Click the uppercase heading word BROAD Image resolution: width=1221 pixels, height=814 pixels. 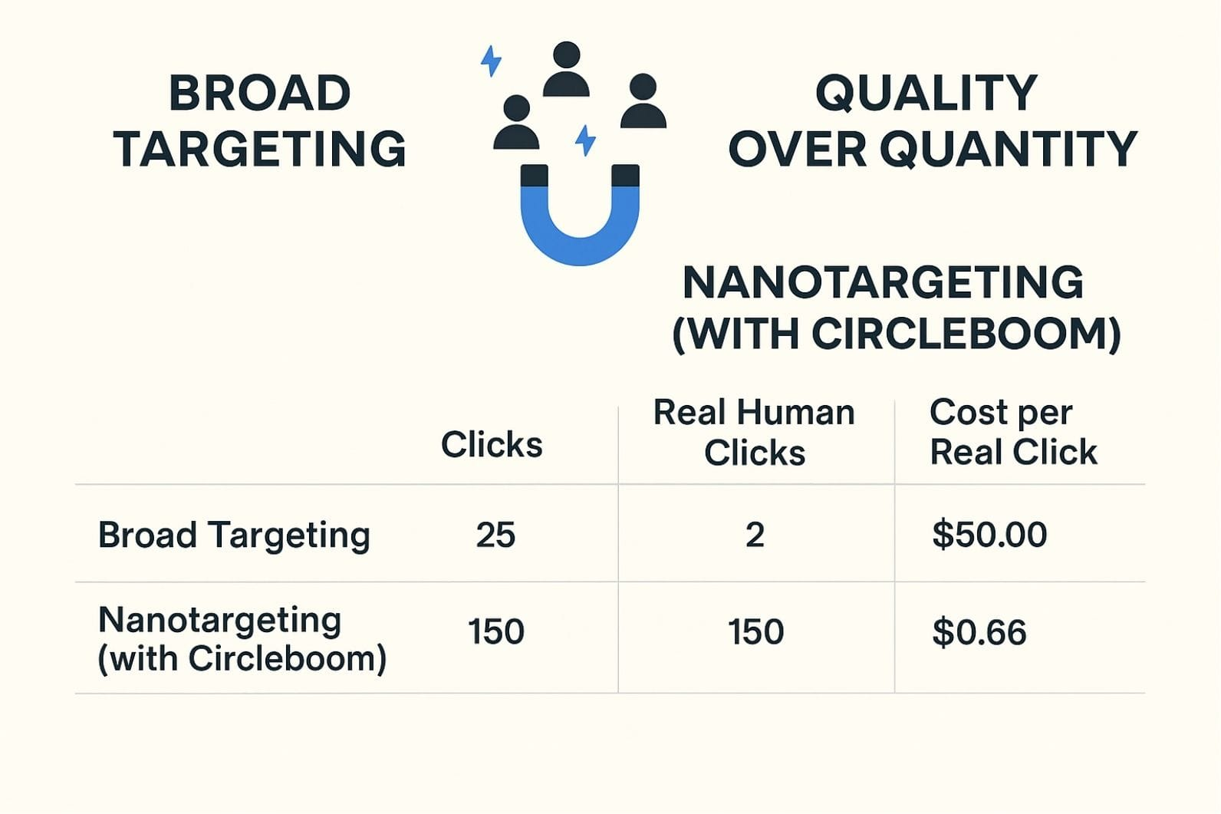tap(259, 94)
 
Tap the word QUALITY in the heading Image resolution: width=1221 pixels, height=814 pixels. tap(926, 94)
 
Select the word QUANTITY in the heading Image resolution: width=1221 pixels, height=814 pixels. tap(1014, 149)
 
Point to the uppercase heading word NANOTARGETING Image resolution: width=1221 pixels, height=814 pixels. tap(883, 282)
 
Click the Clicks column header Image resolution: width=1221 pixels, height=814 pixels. tap(492, 445)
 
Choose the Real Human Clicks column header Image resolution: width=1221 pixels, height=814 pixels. tap(754, 433)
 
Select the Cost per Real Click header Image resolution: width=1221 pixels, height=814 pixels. tap(1012, 433)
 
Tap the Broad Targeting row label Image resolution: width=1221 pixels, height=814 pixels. tap(234, 535)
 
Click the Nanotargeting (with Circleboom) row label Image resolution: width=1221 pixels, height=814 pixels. tap(242, 638)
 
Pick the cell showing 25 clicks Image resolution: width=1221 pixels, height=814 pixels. tap(495, 535)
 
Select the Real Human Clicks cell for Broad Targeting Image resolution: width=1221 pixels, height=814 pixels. tap(755, 535)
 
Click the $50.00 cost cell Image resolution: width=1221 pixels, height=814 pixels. tap(989, 535)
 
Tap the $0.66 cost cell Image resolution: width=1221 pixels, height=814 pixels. tap(979, 633)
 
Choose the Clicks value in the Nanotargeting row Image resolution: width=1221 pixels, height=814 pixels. tap(496, 632)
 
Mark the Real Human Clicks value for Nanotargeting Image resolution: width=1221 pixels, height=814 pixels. tap(755, 632)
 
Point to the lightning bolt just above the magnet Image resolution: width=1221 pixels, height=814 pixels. tap(585, 140)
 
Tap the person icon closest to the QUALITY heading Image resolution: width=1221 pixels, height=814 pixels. tap(643, 101)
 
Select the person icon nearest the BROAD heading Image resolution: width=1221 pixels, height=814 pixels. tap(516, 123)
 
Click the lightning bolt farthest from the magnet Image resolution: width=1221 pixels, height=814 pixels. tap(491, 61)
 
